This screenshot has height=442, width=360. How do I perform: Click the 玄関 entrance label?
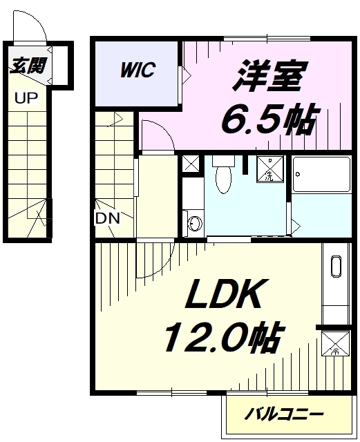click(x=28, y=66)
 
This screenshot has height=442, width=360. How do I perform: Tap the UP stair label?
click(x=26, y=98)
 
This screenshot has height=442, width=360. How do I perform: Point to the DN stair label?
click(x=108, y=218)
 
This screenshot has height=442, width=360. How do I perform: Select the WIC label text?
click(x=138, y=69)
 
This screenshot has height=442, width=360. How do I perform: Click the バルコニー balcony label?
click(x=283, y=414)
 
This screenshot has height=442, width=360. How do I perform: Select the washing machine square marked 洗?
click(x=269, y=169)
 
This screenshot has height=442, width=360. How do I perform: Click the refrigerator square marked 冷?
click(x=335, y=343)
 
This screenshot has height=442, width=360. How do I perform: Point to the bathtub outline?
click(x=321, y=174)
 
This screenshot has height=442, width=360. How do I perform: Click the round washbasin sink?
click(x=195, y=224)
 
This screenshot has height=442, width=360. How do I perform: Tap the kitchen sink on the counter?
click(x=336, y=267)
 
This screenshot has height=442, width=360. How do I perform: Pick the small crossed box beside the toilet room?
click(x=191, y=163)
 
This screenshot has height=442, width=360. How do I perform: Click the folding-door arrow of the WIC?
click(x=187, y=75)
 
